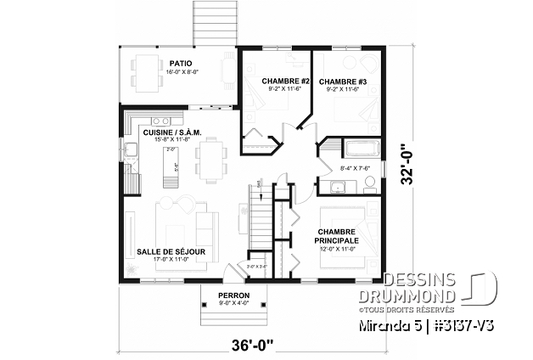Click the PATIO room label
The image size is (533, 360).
click(179, 63)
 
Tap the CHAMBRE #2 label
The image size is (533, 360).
click(267, 81)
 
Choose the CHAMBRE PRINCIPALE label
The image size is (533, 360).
click(337, 236)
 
